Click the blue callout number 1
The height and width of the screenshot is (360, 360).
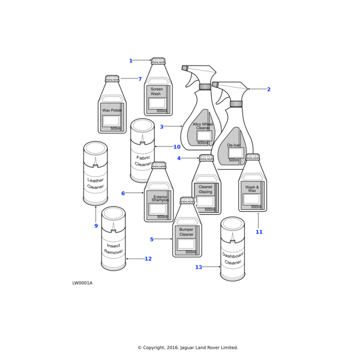click(131, 61)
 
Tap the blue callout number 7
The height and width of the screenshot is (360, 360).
click(140, 79)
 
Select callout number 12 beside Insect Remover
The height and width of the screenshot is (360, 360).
click(148, 259)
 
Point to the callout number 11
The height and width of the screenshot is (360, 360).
click(259, 232)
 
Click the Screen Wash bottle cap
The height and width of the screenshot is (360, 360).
click(158, 61)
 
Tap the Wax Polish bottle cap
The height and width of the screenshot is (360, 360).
click(112, 78)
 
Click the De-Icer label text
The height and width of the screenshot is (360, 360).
click(234, 145)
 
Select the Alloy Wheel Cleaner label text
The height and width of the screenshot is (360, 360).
click(203, 126)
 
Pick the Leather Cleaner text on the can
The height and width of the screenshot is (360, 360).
click(95, 184)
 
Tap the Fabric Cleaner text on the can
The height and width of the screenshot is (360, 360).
click(143, 161)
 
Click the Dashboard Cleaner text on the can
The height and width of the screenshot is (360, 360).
click(233, 259)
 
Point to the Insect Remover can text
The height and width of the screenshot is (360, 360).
click(113, 249)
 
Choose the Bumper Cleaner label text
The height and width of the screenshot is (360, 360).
click(186, 232)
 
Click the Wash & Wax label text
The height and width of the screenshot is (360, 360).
click(252, 189)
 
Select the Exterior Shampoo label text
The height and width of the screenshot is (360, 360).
click(160, 199)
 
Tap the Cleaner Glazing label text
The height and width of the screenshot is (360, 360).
click(205, 189)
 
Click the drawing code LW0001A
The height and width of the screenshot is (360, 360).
click(82, 283)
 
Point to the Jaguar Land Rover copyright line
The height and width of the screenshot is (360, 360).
click(188, 347)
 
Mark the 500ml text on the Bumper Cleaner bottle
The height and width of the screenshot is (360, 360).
click(191, 252)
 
